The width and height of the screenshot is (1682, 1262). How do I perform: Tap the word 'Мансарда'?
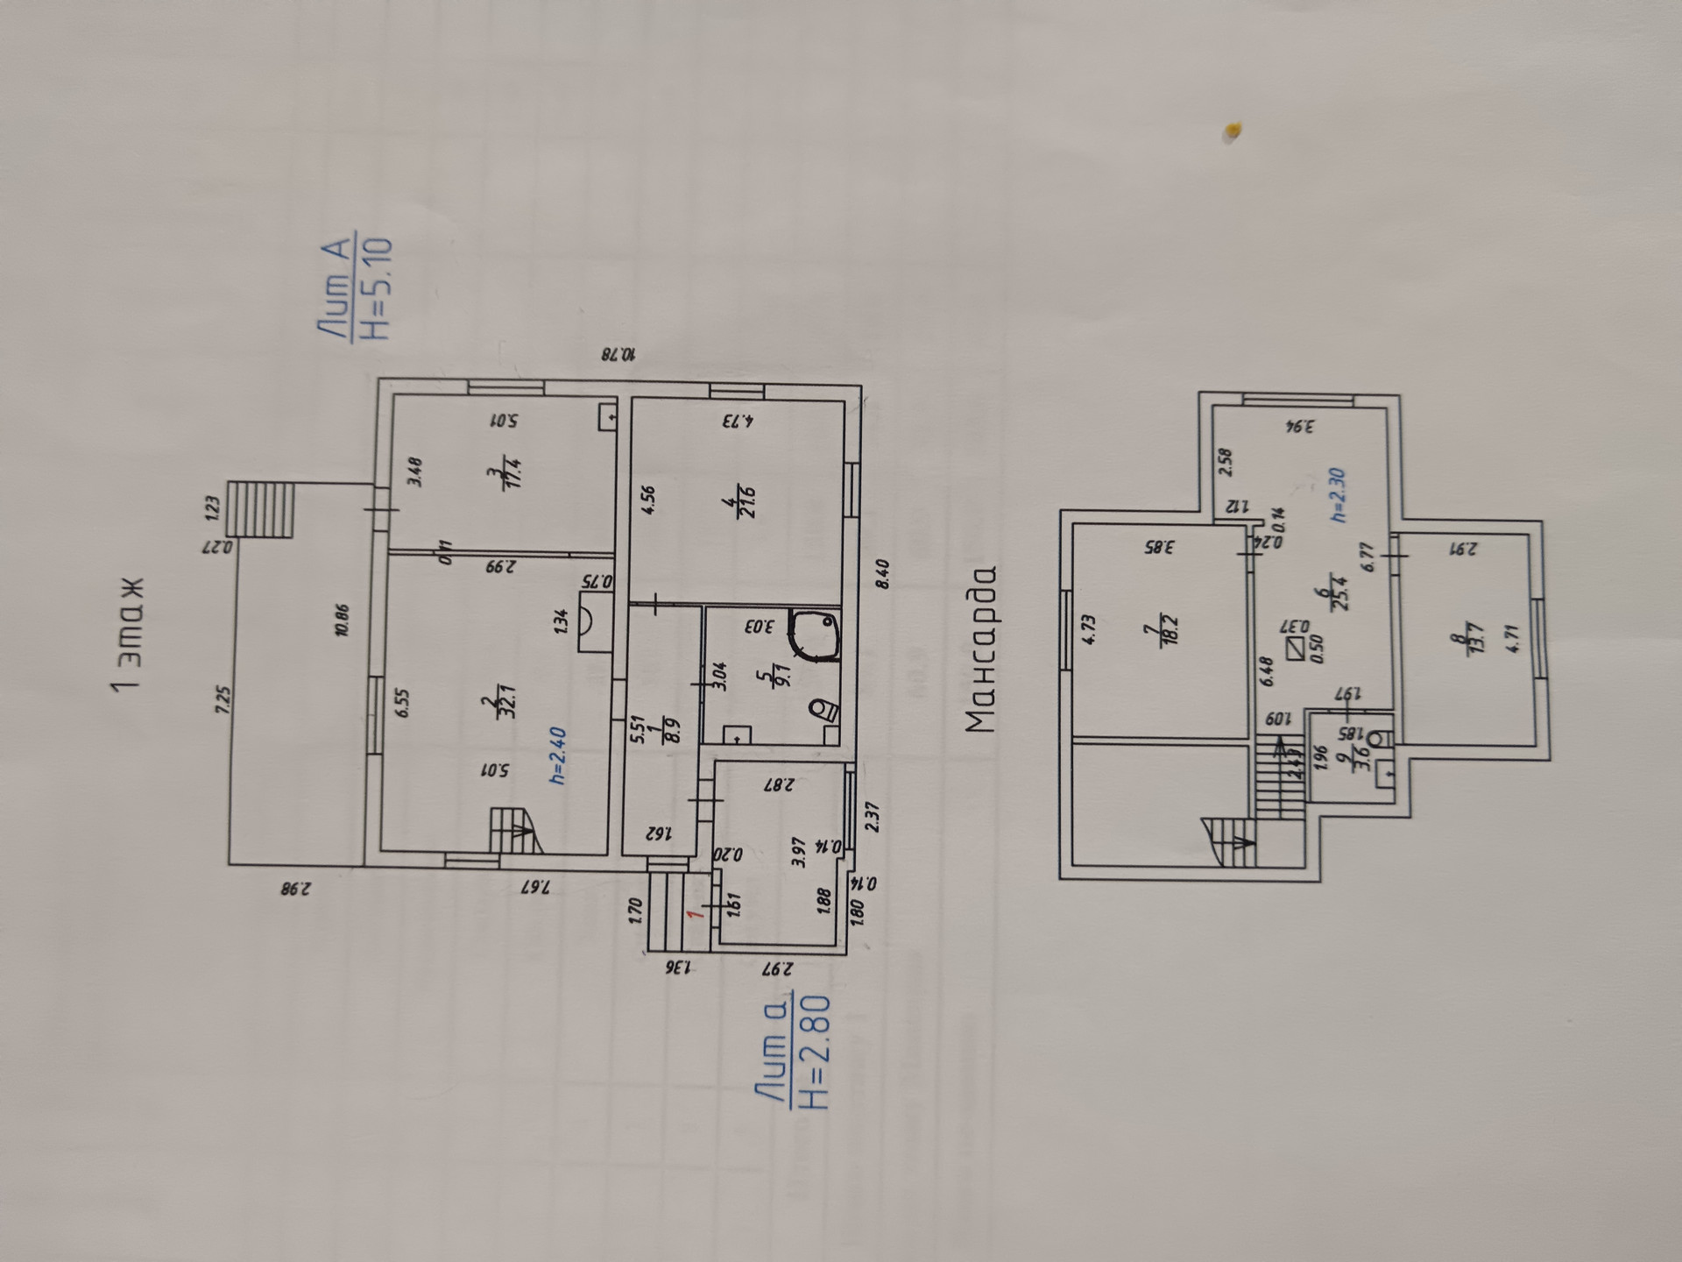982,649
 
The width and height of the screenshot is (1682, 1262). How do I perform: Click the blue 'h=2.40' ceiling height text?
557,755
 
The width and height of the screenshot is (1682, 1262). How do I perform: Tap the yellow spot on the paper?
1233,131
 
